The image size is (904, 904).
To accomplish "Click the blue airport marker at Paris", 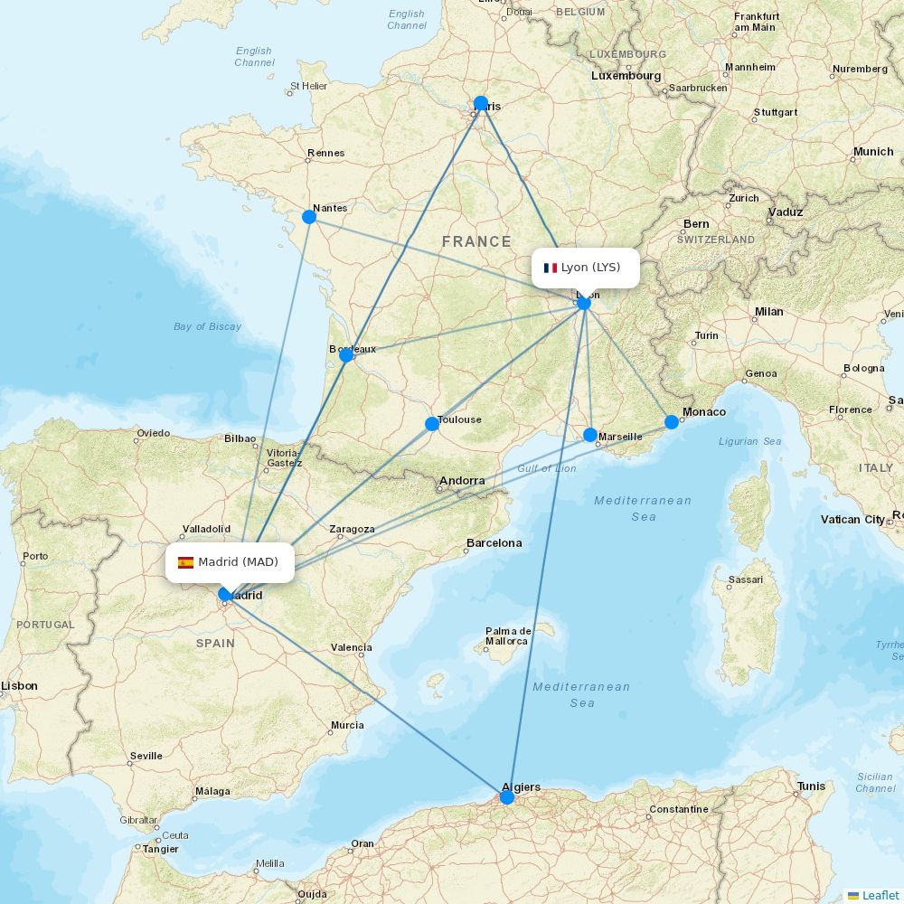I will pyautogui.click(x=481, y=103).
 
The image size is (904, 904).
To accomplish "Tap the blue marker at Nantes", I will pyautogui.click(x=309, y=216).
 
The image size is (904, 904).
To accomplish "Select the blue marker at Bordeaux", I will pyautogui.click(x=346, y=355).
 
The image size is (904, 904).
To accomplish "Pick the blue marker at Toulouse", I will pyautogui.click(x=432, y=424).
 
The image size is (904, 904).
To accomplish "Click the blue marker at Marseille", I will pyautogui.click(x=590, y=435).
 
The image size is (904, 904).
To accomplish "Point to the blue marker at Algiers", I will pyautogui.click(x=507, y=797).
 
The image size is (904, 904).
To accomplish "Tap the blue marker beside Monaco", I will pyautogui.click(x=672, y=422).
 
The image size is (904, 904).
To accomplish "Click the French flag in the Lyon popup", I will pyautogui.click(x=550, y=268).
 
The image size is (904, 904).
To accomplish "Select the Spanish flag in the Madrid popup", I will pyautogui.click(x=186, y=562).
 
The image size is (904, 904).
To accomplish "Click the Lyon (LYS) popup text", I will pyautogui.click(x=590, y=268).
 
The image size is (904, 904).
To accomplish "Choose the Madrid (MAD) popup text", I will pyautogui.click(x=238, y=562).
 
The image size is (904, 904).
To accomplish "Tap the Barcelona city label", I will pyautogui.click(x=494, y=543).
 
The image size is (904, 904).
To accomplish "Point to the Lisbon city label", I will pyautogui.click(x=19, y=686).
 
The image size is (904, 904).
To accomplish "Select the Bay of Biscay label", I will pyautogui.click(x=207, y=326).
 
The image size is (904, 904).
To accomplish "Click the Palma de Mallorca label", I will pyautogui.click(x=506, y=636).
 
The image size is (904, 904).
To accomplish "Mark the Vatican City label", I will pyautogui.click(x=852, y=520).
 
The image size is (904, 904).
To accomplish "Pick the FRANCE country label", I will pyautogui.click(x=476, y=241).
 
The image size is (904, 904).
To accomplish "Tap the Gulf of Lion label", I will pyautogui.click(x=546, y=468).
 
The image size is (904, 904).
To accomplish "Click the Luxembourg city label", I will pyautogui.click(x=626, y=76).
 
